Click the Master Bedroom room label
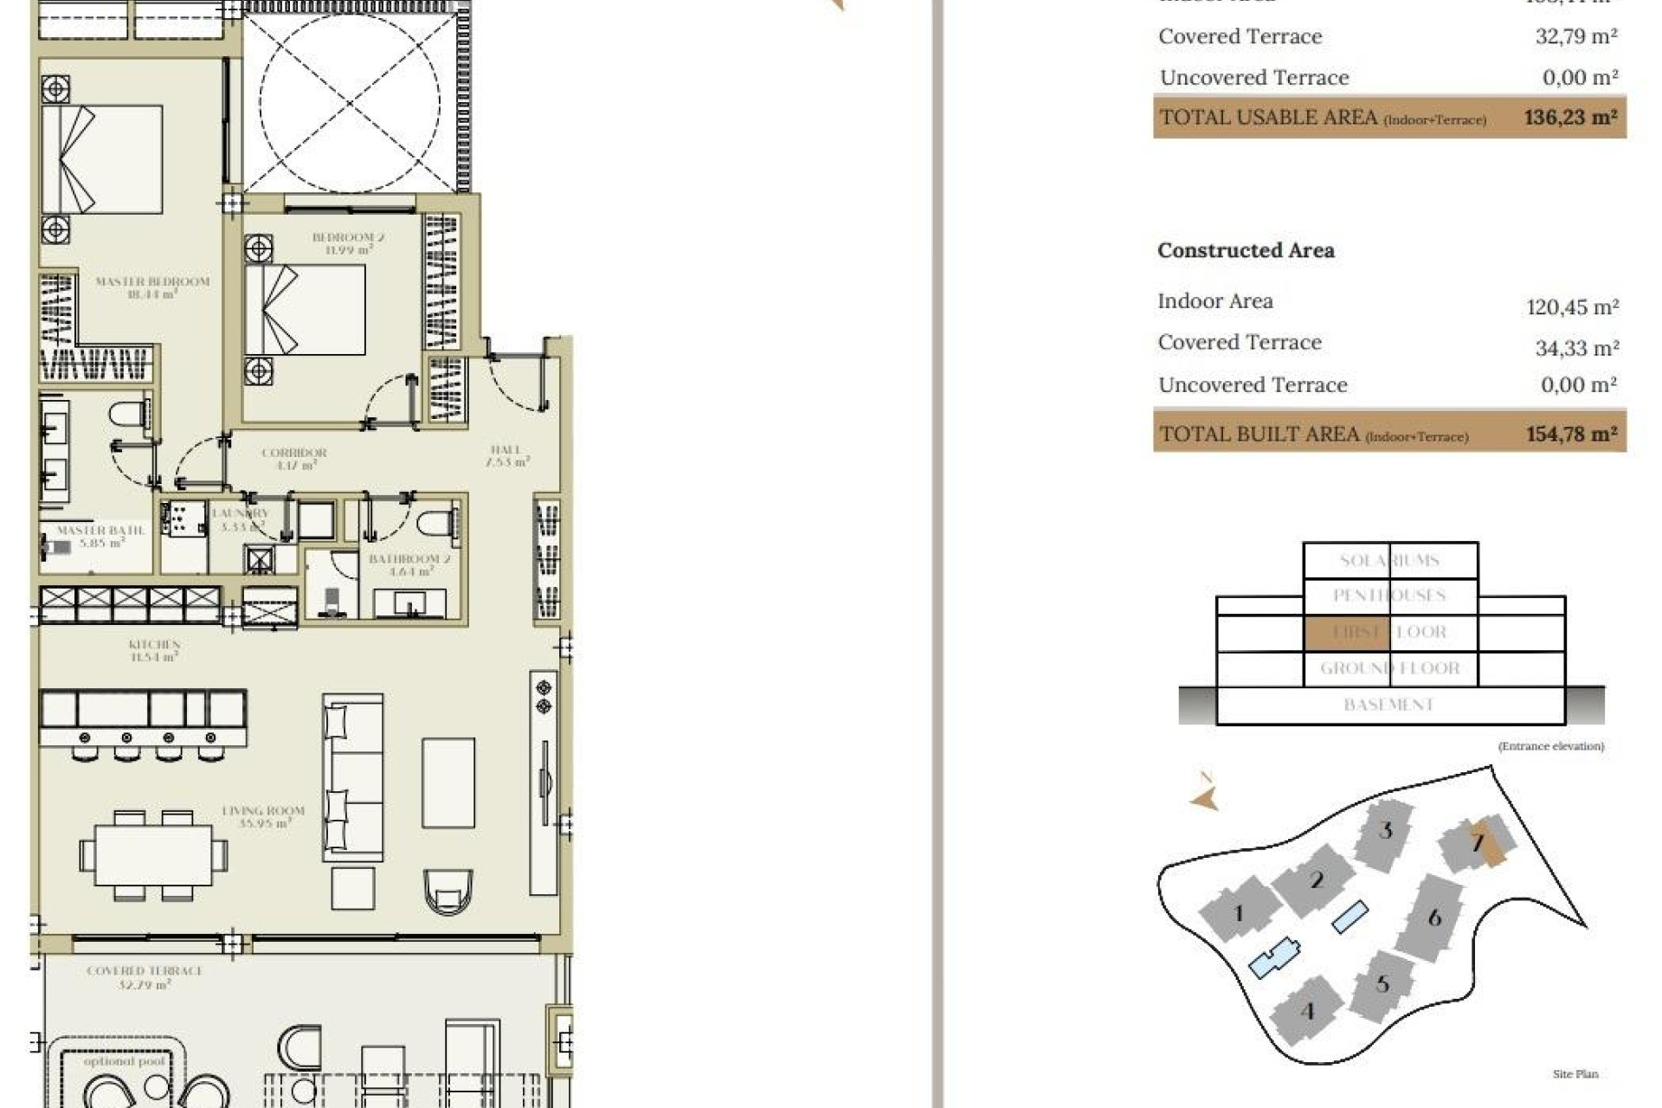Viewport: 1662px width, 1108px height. (x=152, y=287)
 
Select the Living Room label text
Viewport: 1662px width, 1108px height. (x=263, y=816)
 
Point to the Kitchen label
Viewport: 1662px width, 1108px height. (x=154, y=650)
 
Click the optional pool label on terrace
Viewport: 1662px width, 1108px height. (x=124, y=1060)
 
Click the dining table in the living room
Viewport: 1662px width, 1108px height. (x=153, y=854)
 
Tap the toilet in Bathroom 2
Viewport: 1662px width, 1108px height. (x=435, y=524)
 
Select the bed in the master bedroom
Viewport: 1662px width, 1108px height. (x=102, y=159)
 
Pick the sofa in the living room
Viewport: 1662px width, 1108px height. (x=352, y=777)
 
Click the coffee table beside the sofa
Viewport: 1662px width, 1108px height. (x=448, y=783)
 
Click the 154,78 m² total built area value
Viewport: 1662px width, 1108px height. (x=1571, y=433)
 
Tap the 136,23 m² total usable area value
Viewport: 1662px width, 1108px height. (x=1570, y=117)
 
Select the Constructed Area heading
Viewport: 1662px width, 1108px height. (x=1246, y=250)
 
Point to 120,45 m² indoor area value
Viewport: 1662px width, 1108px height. (x=1572, y=306)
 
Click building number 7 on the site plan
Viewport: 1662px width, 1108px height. (x=1478, y=841)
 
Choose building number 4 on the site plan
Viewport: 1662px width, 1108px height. (x=1307, y=1010)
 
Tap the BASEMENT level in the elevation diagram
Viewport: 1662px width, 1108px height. (x=1389, y=705)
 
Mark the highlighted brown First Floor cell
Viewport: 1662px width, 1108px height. (x=1346, y=632)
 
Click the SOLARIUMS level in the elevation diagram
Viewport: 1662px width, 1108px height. (x=1389, y=560)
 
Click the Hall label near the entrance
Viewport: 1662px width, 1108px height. (x=506, y=455)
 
